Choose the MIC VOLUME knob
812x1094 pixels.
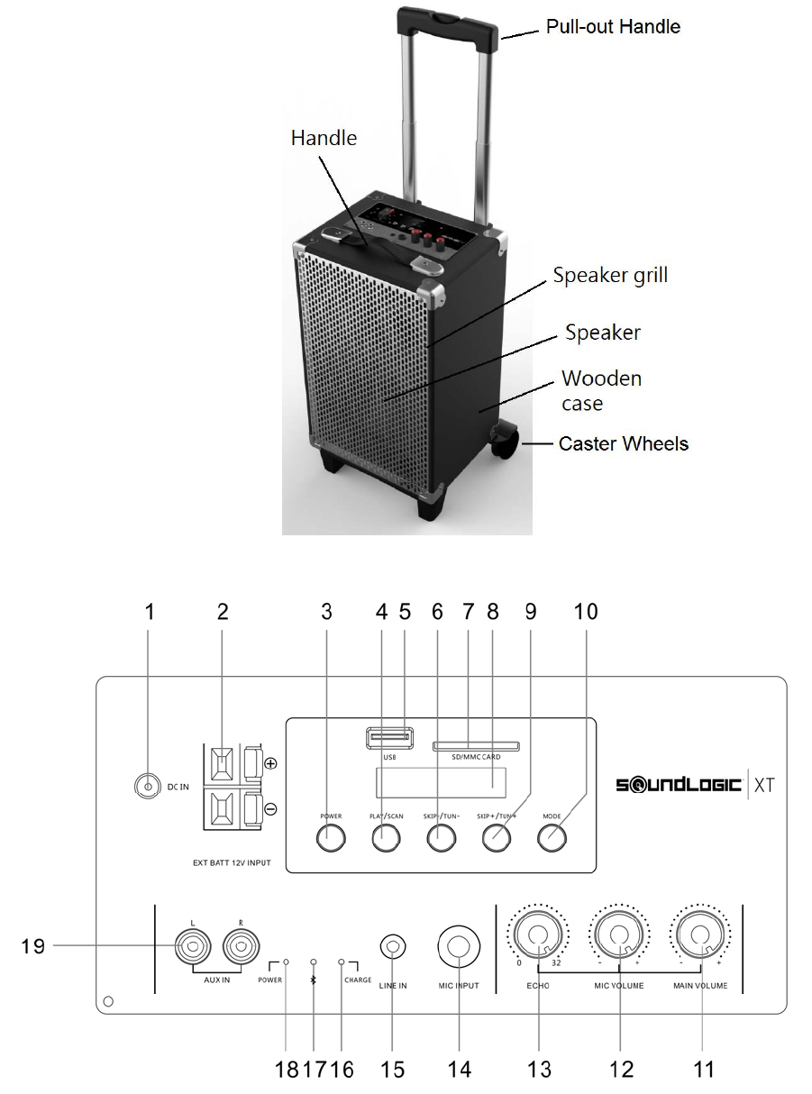tap(619, 937)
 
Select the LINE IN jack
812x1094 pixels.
tap(394, 948)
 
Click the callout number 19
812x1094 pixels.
tap(34, 946)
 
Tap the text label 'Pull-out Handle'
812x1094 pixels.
tap(613, 26)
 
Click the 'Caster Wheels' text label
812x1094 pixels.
tap(624, 443)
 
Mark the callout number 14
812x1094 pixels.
tap(460, 1069)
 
